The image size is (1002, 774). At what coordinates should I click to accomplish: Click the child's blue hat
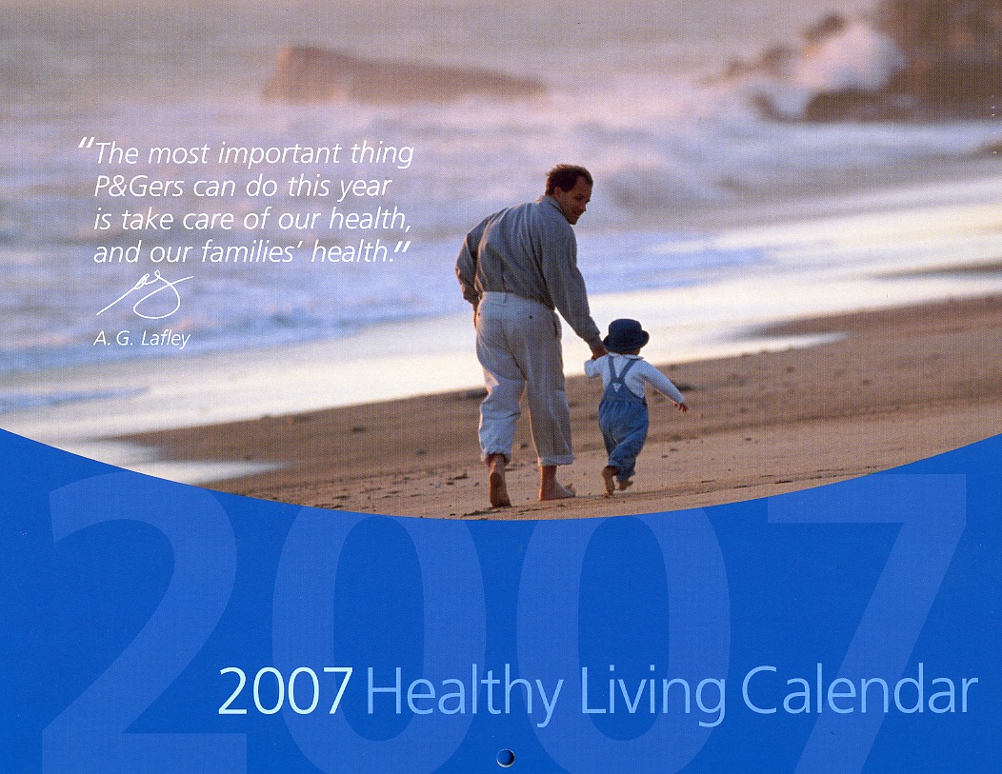pyautogui.click(x=625, y=336)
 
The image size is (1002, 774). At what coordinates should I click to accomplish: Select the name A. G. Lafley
pyautogui.click(x=142, y=339)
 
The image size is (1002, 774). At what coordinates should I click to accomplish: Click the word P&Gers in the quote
pyautogui.click(x=139, y=188)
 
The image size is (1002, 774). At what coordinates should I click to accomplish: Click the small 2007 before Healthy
pyautogui.click(x=286, y=691)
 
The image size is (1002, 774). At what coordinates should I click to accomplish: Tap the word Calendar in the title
pyautogui.click(x=860, y=690)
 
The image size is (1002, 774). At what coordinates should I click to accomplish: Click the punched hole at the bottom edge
pyautogui.click(x=506, y=758)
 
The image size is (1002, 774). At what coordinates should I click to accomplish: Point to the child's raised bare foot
pyautogui.click(x=609, y=480)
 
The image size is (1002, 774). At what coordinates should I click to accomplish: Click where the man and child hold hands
pyautogui.click(x=598, y=350)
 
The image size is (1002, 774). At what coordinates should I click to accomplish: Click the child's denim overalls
pyautogui.click(x=622, y=415)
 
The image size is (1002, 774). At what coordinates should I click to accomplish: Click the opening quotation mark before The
pyautogui.click(x=87, y=147)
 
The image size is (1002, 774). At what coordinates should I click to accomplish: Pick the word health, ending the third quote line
pyautogui.click(x=370, y=220)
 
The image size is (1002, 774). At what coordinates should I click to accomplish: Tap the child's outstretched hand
pyautogui.click(x=684, y=407)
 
